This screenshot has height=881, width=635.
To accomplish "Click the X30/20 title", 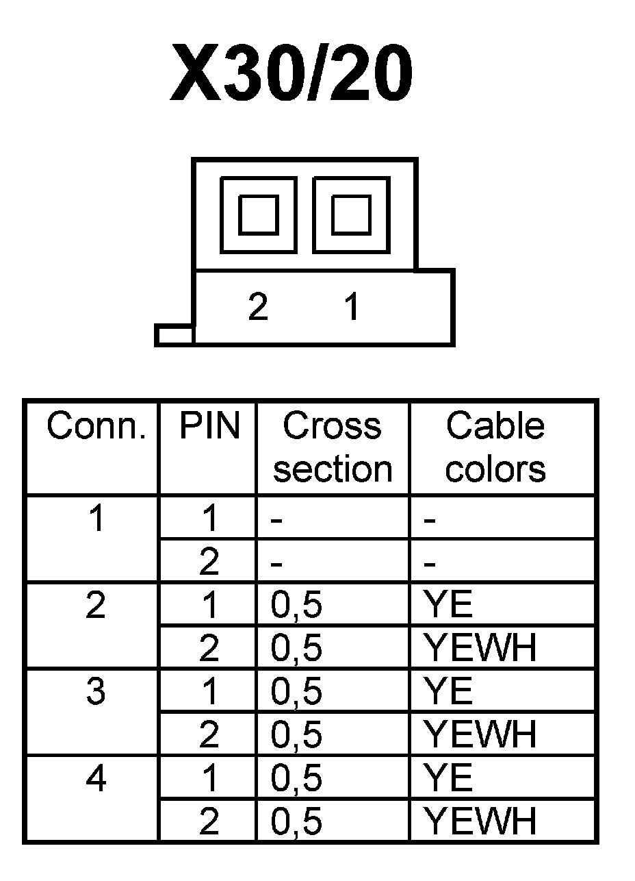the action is (x=291, y=73).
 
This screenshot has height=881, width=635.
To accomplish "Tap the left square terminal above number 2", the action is (x=259, y=214).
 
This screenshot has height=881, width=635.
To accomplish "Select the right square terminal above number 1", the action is (x=351, y=214).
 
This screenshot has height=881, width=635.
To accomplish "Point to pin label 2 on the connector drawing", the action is (x=258, y=308).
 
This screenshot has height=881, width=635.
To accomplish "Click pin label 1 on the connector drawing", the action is (x=352, y=308).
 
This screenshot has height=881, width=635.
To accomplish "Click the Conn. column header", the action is (x=96, y=427).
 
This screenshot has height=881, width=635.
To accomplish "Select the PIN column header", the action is (x=209, y=427).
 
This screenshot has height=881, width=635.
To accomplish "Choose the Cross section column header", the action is (x=333, y=447).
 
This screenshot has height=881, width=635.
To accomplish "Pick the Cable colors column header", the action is (x=496, y=447).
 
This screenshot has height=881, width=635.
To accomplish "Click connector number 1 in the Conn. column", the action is (x=96, y=519).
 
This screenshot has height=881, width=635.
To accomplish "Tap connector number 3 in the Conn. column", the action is (x=96, y=692).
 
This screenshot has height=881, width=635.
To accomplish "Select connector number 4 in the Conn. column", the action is (x=96, y=778).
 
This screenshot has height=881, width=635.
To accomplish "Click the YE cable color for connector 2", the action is (x=448, y=606).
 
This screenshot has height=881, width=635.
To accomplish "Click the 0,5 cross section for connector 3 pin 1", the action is (x=297, y=692).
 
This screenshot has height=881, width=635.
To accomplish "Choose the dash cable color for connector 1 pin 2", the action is (x=430, y=564).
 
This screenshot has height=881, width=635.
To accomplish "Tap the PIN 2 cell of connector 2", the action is (x=209, y=648).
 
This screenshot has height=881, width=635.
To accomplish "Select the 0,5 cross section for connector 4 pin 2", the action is (x=297, y=821).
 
